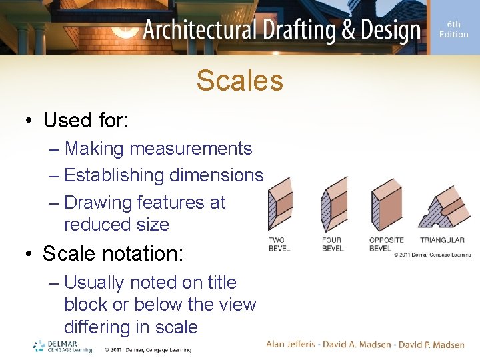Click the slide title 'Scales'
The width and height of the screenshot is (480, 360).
[239, 81]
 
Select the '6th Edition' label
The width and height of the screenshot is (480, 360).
[453, 29]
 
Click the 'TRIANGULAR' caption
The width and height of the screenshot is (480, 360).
[442, 240]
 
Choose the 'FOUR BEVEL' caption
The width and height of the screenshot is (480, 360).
[332, 244]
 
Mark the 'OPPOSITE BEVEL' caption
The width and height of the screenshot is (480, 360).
[386, 244]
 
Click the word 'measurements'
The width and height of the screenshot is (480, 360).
[191, 149]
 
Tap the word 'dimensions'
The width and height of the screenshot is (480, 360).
[216, 175]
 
